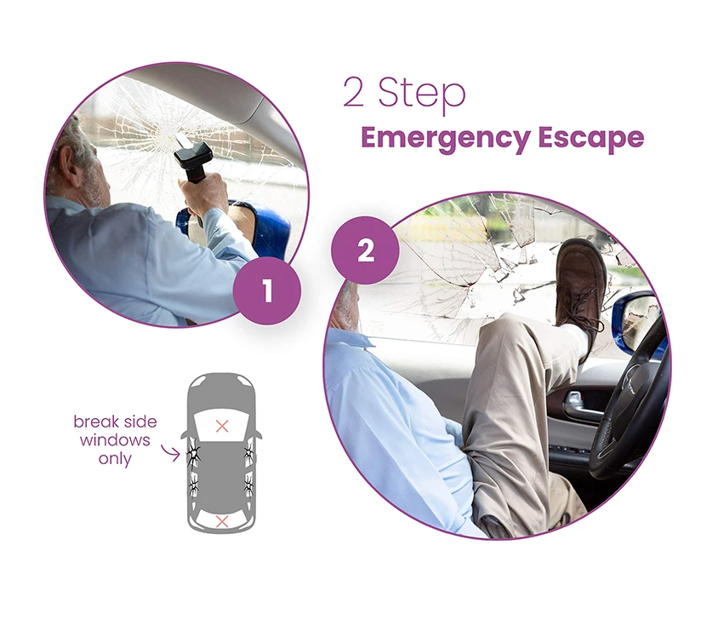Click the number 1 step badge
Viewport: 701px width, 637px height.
267,291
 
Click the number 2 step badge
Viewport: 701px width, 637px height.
365,250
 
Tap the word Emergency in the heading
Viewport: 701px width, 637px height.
445,137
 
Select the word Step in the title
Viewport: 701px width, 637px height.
422,93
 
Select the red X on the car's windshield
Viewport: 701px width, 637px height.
222,426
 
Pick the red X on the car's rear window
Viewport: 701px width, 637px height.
222,521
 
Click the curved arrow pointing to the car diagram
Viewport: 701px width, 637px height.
170,452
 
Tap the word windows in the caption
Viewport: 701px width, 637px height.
115,440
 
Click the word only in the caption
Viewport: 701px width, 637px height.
115,459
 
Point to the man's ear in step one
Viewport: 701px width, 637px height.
68,161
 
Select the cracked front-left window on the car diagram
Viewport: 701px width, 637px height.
194,453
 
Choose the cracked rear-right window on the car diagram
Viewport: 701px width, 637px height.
248,485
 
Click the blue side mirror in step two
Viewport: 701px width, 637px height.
637,320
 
